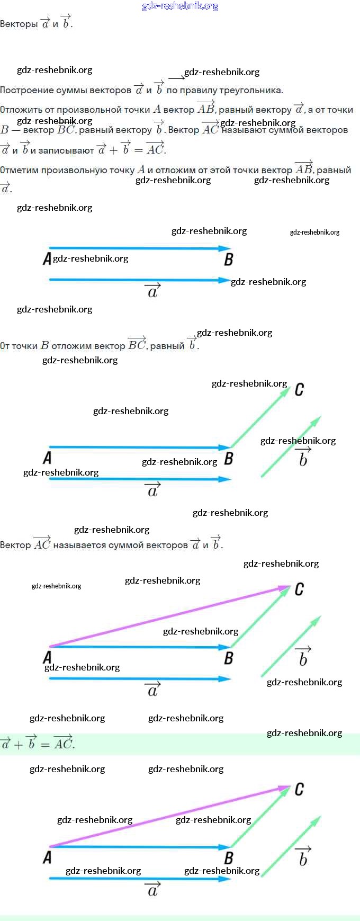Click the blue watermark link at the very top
180,6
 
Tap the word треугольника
251,90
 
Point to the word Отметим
19,170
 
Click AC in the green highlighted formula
63,744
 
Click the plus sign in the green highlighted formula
19,745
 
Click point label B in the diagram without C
229,260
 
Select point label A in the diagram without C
47,259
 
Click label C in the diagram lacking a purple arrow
299,390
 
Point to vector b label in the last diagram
303,859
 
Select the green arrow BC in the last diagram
259,818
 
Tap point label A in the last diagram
47,857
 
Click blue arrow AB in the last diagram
138,846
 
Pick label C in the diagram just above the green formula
299,589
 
